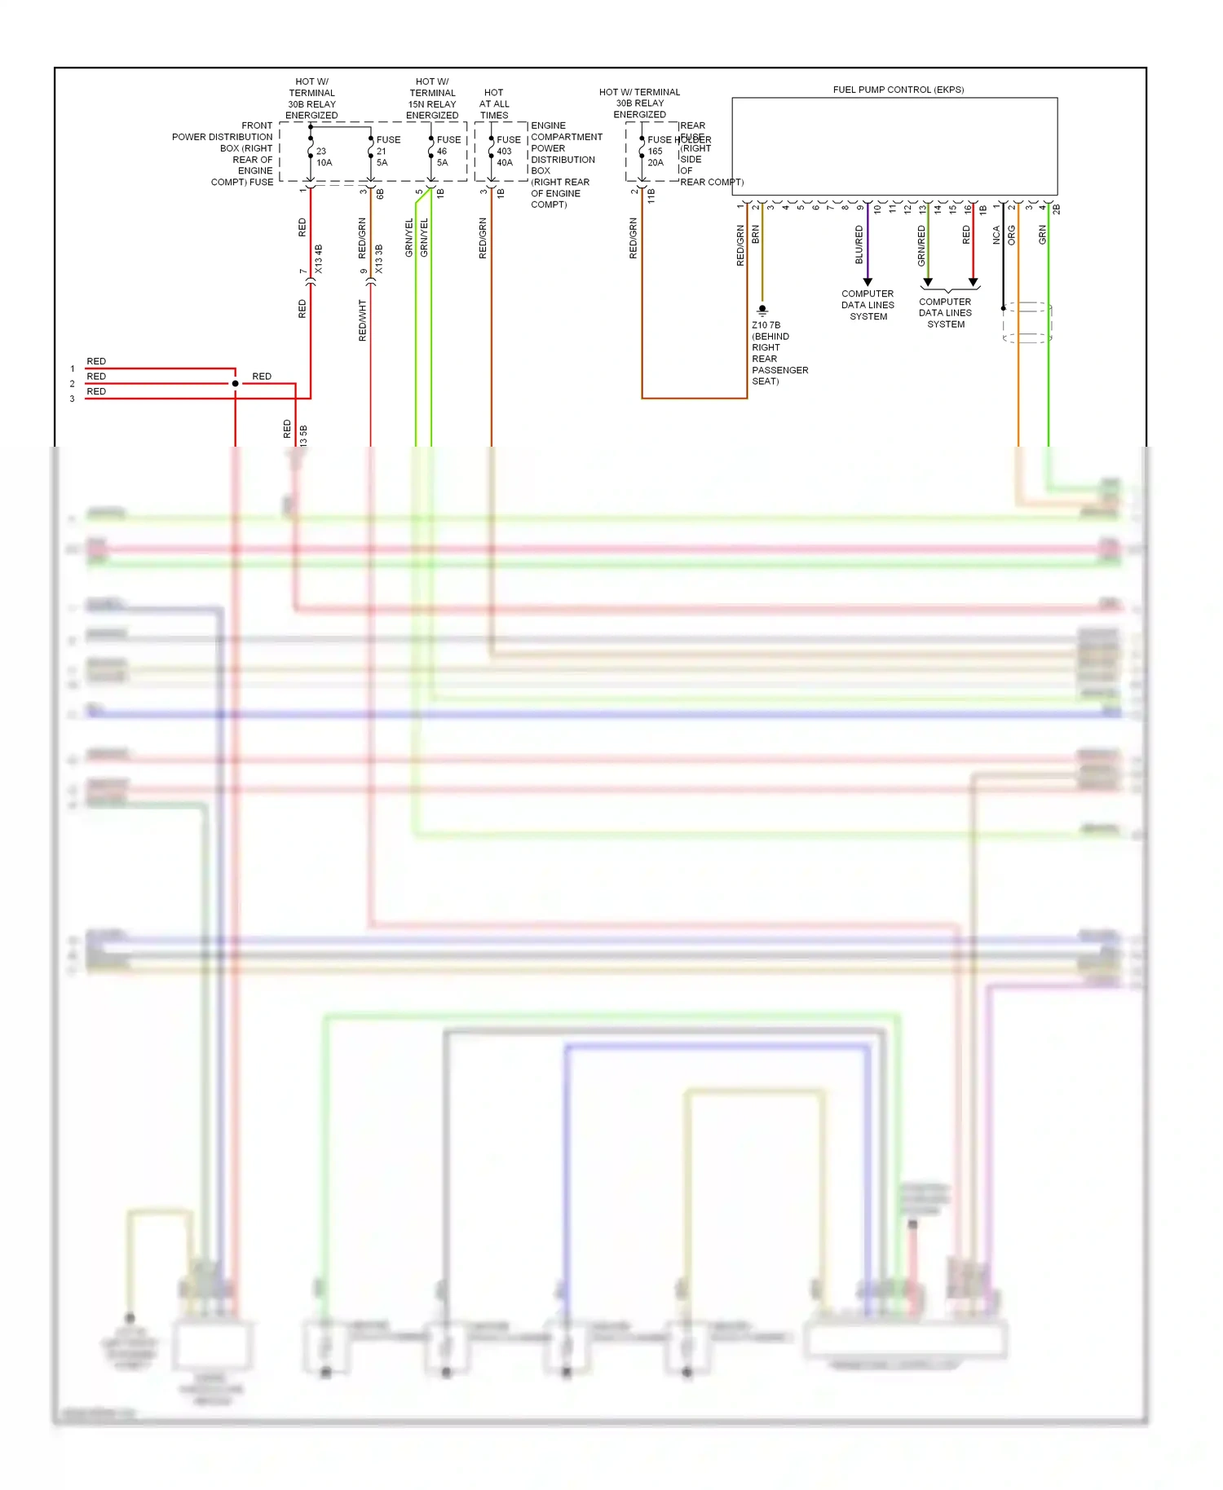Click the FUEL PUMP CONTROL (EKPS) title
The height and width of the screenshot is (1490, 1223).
tap(898, 90)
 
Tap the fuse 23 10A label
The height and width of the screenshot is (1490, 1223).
tap(324, 156)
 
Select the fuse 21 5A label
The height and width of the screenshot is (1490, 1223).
tap(382, 156)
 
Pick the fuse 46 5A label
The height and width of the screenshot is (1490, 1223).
tap(443, 156)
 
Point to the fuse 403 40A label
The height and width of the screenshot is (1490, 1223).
tap(505, 156)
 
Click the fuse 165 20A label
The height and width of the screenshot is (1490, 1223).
tap(656, 156)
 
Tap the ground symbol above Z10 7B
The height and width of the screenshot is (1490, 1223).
tap(762, 310)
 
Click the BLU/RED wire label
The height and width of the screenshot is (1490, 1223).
tap(859, 245)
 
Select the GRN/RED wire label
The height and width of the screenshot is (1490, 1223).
tap(922, 245)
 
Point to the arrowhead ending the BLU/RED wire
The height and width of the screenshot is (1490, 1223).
tap(868, 282)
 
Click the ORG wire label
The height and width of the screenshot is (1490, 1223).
tap(1012, 236)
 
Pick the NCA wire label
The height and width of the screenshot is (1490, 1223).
tap(996, 236)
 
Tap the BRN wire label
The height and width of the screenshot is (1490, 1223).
tap(756, 234)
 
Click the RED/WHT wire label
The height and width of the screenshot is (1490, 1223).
tap(363, 320)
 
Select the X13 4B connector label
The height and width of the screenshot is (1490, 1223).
tap(319, 258)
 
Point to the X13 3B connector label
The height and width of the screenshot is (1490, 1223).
tap(379, 258)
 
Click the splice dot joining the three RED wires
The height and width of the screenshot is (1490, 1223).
tap(236, 383)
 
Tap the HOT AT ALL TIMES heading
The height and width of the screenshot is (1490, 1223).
tap(494, 104)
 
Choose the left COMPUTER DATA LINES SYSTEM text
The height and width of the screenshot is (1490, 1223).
tap(868, 305)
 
